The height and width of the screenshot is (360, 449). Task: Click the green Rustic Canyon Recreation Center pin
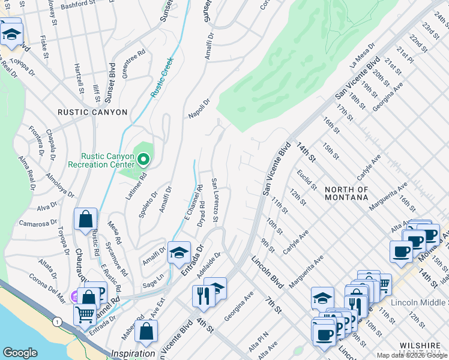[x=143, y=160]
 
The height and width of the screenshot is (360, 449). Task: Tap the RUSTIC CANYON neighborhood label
[x=92, y=112]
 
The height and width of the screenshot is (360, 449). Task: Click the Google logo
[x=20, y=352]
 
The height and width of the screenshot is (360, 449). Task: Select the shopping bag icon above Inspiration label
[x=146, y=331]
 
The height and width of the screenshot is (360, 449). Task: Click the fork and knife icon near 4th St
[x=203, y=296]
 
